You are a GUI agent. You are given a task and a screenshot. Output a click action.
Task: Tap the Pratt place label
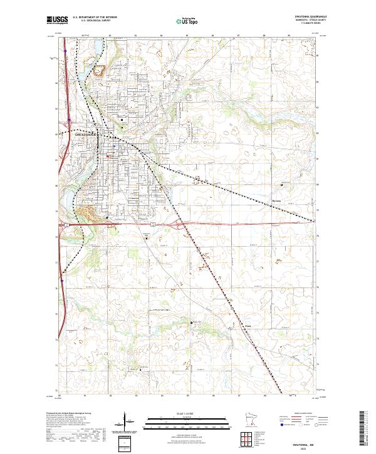[x=247, y=326]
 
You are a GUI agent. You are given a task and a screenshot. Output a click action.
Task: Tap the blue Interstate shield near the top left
[x=65, y=61]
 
